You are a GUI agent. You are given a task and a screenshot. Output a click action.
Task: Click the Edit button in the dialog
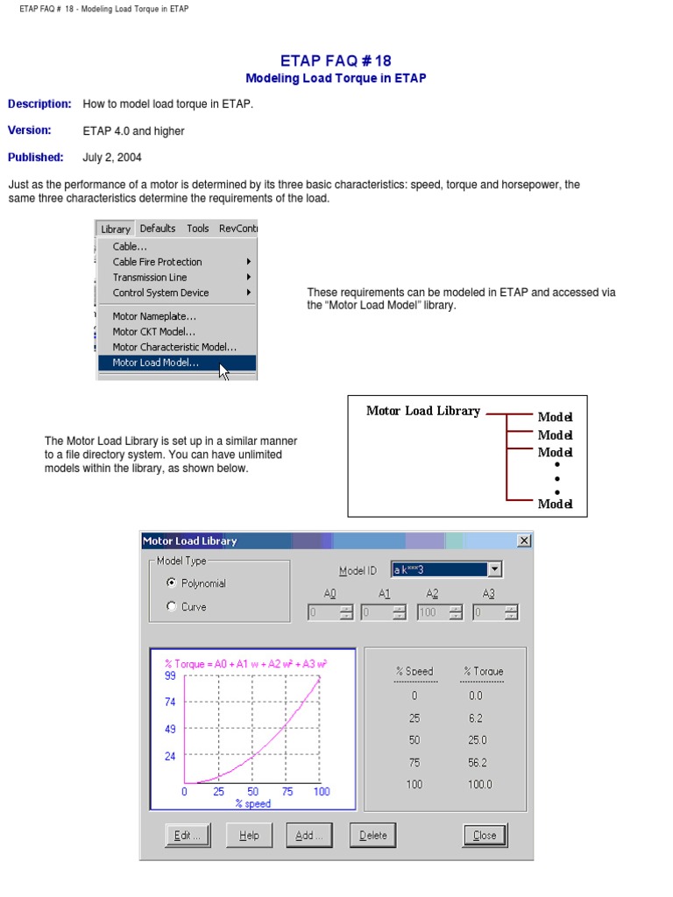click(188, 835)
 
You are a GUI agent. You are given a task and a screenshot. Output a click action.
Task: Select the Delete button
click(372, 835)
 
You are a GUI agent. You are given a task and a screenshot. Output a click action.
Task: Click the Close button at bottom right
click(485, 835)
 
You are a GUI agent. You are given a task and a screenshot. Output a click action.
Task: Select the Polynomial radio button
click(172, 583)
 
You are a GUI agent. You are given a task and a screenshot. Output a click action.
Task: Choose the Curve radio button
click(172, 606)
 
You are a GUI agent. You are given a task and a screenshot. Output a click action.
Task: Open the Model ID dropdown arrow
click(494, 569)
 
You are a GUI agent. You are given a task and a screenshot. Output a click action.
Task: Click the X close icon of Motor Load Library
click(524, 540)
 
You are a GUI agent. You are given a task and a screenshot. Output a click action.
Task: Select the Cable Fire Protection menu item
click(158, 262)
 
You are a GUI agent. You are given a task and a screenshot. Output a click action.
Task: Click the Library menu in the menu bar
click(116, 229)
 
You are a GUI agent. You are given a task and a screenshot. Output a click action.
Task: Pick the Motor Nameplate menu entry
click(154, 316)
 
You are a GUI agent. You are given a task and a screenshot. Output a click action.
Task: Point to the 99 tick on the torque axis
click(170, 675)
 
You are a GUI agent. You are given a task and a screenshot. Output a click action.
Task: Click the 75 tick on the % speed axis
click(287, 791)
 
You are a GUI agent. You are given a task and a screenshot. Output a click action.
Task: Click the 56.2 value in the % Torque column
click(478, 762)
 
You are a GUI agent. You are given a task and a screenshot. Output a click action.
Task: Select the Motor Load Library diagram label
click(423, 411)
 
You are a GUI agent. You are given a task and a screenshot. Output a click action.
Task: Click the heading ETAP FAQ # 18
click(336, 60)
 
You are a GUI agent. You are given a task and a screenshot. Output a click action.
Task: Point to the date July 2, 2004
click(112, 158)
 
